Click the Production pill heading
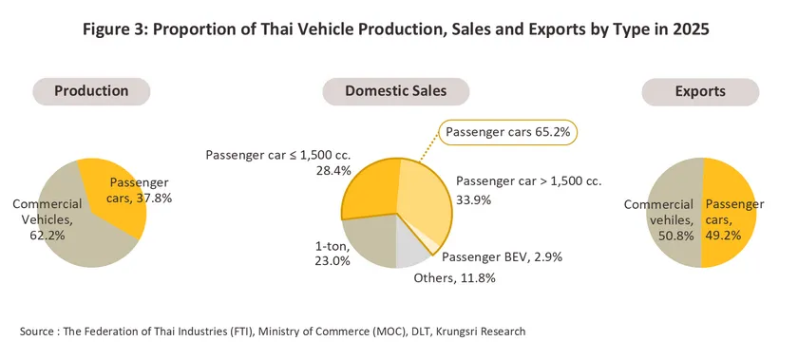[x=91, y=91]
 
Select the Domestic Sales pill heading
[x=396, y=91]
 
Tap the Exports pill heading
[x=700, y=92]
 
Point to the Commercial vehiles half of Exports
[x=674, y=213]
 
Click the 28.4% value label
[x=333, y=171]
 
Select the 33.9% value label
[x=473, y=200]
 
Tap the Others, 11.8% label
[x=454, y=278]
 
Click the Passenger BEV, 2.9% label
[x=502, y=257]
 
